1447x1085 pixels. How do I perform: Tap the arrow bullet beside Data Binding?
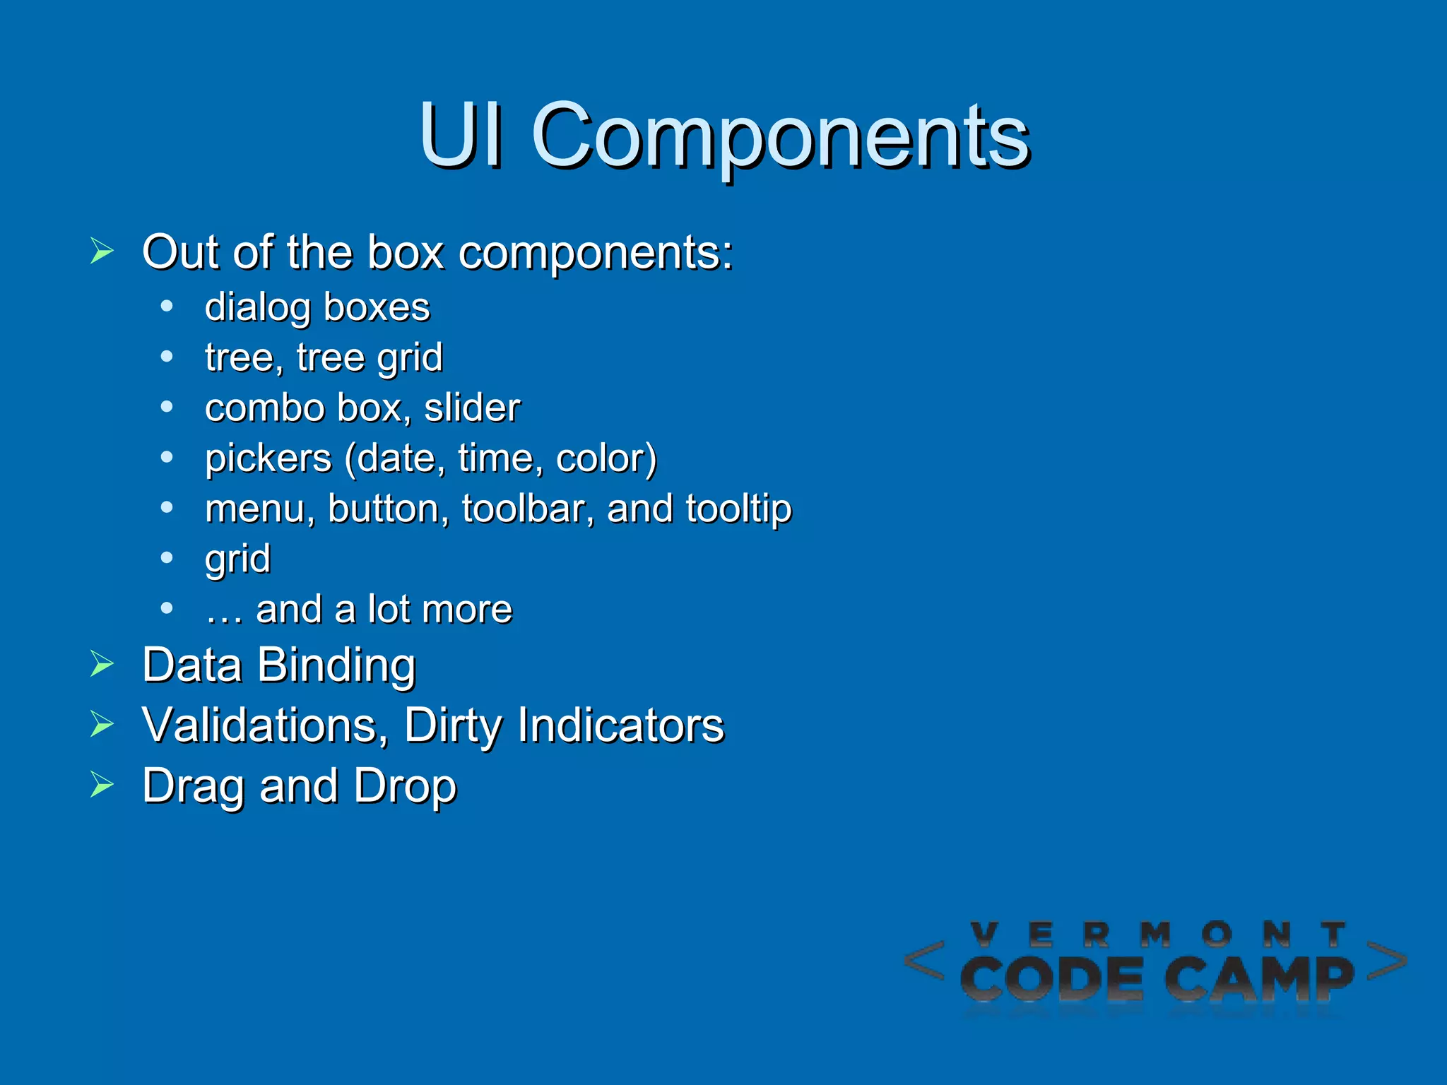click(x=102, y=664)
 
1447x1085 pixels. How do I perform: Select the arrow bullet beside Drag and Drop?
click(x=102, y=785)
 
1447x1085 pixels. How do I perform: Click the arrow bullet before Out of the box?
click(x=102, y=251)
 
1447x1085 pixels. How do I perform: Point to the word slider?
click(x=472, y=408)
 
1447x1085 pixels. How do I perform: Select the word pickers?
click(x=268, y=459)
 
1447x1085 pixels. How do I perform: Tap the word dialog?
click(x=258, y=308)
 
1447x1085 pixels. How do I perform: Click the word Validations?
click(x=265, y=725)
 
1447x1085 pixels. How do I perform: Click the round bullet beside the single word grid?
click(x=167, y=558)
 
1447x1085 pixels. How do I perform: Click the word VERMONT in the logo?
click(x=1158, y=935)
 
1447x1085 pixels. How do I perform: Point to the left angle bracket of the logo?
click(x=924, y=961)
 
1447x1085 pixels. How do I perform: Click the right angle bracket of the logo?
click(x=1386, y=961)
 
